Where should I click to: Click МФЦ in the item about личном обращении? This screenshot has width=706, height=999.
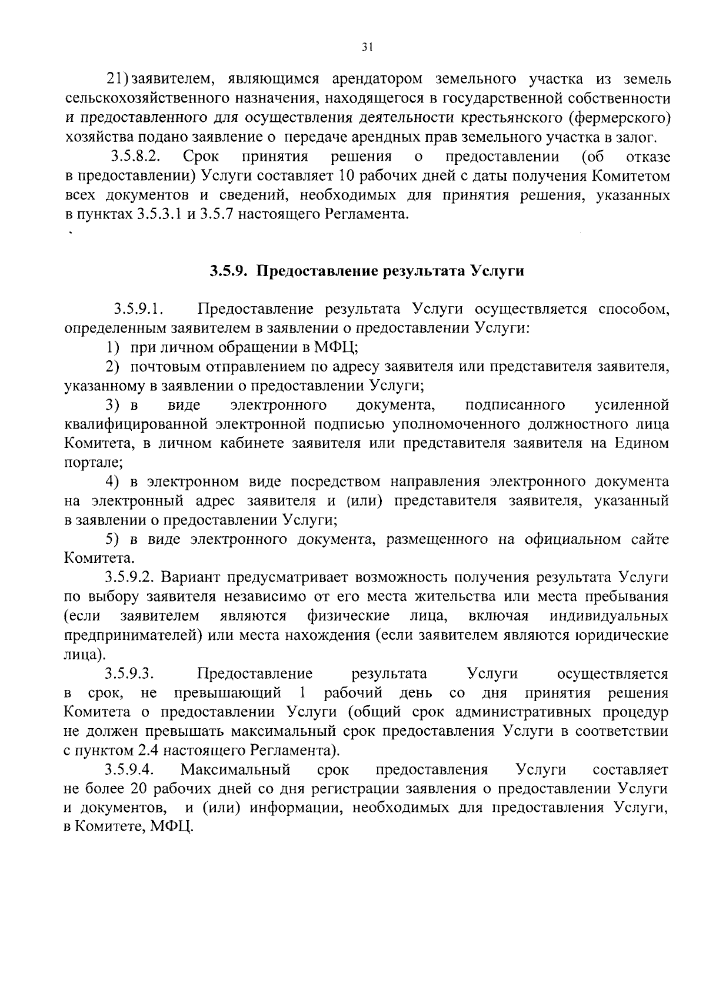(x=334, y=347)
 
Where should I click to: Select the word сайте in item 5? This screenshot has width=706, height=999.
(x=650, y=539)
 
